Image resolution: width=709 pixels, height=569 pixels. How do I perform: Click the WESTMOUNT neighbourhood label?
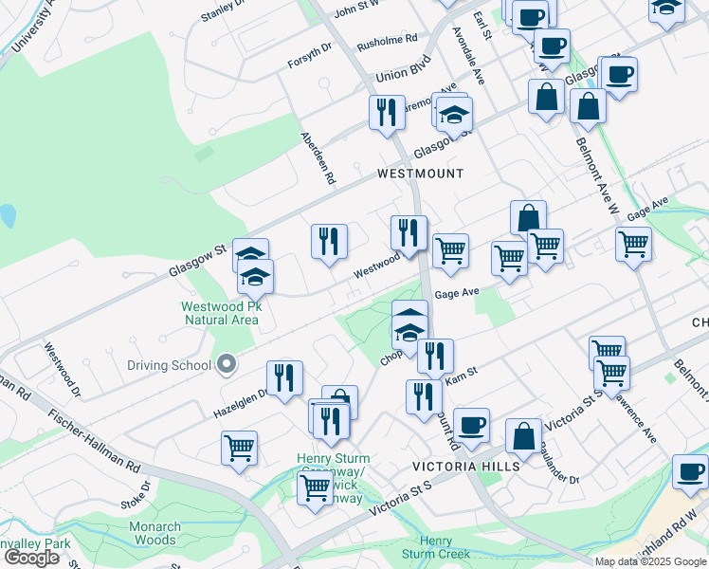point(420,174)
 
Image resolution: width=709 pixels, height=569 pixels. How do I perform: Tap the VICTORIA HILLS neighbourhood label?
point(465,467)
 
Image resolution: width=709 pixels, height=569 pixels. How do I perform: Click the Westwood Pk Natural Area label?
point(220,313)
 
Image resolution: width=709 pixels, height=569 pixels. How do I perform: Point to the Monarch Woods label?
point(155,533)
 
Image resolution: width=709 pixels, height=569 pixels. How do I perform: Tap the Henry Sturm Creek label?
point(435,546)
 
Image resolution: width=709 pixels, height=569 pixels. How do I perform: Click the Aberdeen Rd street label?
point(318,156)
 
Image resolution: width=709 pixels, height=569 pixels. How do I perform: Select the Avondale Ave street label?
point(468,62)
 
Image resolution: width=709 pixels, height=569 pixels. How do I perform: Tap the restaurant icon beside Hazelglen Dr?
point(284,377)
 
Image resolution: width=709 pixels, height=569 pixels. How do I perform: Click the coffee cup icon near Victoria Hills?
point(471,424)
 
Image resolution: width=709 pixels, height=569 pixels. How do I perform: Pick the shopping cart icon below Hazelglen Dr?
point(239,448)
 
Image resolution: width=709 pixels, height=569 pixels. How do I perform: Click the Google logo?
point(31,558)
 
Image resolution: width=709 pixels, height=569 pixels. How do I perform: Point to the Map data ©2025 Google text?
point(649,561)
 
